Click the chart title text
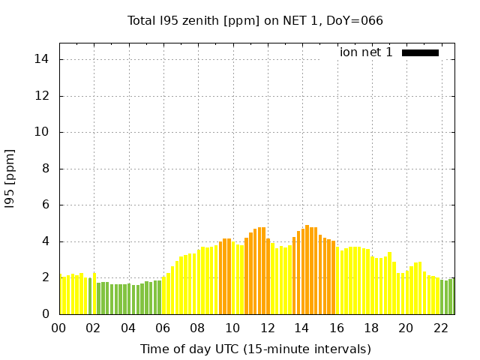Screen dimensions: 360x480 coord(255,20)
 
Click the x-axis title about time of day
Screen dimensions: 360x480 coord(255,349)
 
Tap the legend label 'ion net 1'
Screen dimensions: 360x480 coord(366,52)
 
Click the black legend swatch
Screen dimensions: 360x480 coord(420,52)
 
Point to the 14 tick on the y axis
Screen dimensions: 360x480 coord(44,59)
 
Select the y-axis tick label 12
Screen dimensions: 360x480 coord(44,96)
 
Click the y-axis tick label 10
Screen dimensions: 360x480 coord(44,132)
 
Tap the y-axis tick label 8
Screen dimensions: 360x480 coord(47,169)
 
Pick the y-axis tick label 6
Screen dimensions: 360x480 coord(47,205)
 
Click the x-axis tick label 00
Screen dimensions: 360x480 coord(59,328)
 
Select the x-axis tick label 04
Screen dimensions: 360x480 coord(128,328)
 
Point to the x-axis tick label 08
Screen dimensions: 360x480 coord(197,328)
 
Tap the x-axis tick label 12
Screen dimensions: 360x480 coord(267,328)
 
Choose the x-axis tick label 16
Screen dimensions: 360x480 coord(336,328)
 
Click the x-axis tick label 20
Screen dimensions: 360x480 coord(406,328)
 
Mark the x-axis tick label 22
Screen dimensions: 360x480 coord(440,328)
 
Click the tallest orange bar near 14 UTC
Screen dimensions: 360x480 coord(307,270)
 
